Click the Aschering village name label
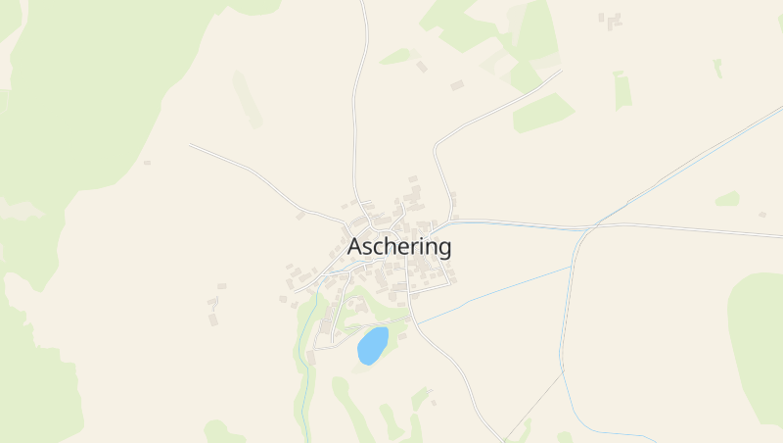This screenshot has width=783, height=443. [x=399, y=246]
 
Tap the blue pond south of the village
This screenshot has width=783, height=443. [x=372, y=346]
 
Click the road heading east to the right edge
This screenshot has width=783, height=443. [x=685, y=229]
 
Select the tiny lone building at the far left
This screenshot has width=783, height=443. [x=147, y=162]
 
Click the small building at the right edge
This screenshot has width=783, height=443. [x=761, y=214]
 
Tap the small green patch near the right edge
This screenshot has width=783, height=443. [x=727, y=199]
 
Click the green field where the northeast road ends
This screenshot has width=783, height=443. [x=543, y=113]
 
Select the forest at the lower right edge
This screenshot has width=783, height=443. [x=759, y=343]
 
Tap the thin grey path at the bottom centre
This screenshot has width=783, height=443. [x=533, y=407]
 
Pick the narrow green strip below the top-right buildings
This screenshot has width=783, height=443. [x=622, y=90]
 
